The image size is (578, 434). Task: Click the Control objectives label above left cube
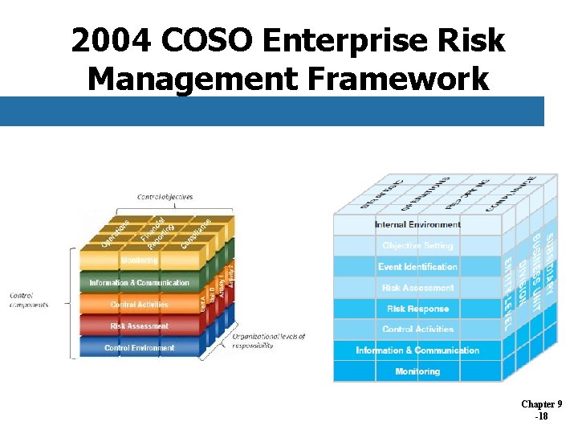tap(165, 197)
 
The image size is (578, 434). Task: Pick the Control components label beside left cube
tap(29, 301)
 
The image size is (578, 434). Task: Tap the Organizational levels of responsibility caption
tap(269, 341)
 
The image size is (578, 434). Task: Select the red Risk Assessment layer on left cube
tap(139, 326)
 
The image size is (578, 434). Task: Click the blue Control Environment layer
tap(139, 348)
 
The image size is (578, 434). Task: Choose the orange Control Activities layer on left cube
tap(139, 305)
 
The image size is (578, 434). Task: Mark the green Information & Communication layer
tap(139, 283)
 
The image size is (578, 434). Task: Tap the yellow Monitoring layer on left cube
tap(139, 260)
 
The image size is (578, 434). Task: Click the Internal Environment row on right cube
tap(417, 225)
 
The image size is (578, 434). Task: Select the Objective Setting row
tap(417, 246)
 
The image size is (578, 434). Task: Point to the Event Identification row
tap(417, 267)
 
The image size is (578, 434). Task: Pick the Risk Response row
tap(417, 309)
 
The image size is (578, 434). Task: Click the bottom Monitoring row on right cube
tap(417, 371)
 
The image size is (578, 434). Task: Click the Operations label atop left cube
tap(116, 234)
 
